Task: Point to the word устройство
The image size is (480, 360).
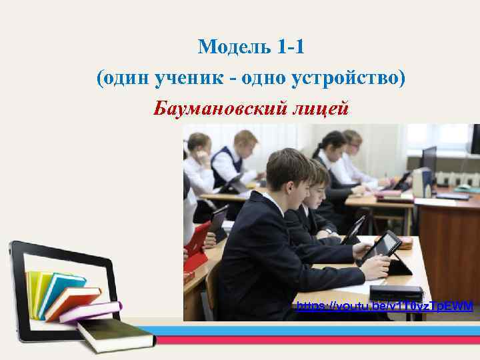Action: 347,79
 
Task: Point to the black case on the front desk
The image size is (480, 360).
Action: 396,293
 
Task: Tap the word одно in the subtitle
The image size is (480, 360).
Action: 264,79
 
